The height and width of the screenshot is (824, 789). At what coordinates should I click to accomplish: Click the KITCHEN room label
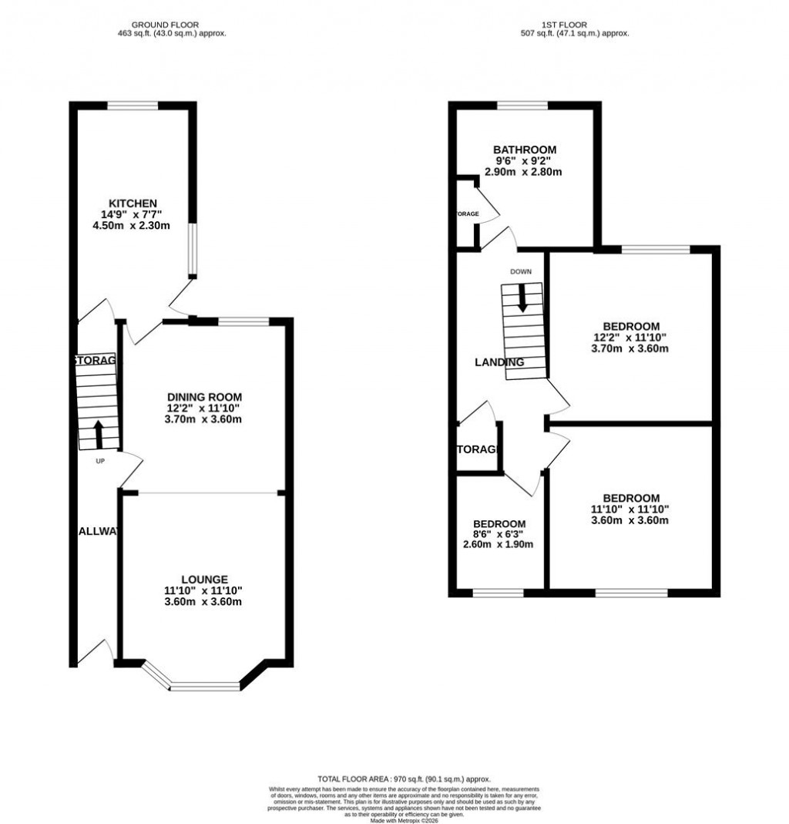click(127, 203)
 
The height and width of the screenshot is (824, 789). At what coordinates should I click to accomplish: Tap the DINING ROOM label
click(204, 397)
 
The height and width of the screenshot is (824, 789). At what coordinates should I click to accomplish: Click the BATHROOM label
click(525, 150)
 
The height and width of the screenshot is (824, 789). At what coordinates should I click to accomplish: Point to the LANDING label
click(499, 362)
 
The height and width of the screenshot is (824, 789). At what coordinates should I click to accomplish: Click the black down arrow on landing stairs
click(522, 298)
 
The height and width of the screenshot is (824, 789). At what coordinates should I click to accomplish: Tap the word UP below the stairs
click(100, 462)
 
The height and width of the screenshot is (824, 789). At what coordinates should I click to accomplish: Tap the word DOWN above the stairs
click(521, 271)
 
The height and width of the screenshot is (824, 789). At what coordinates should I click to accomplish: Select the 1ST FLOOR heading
click(575, 23)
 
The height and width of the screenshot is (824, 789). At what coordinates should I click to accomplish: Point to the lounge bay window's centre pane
click(205, 685)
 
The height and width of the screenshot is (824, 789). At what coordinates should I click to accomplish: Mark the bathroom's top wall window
click(522, 106)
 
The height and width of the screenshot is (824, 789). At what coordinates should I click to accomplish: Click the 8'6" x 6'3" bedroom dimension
click(498, 534)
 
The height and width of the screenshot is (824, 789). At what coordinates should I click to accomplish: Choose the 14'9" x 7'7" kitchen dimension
click(127, 214)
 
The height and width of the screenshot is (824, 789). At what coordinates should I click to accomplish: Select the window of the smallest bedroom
click(498, 593)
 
